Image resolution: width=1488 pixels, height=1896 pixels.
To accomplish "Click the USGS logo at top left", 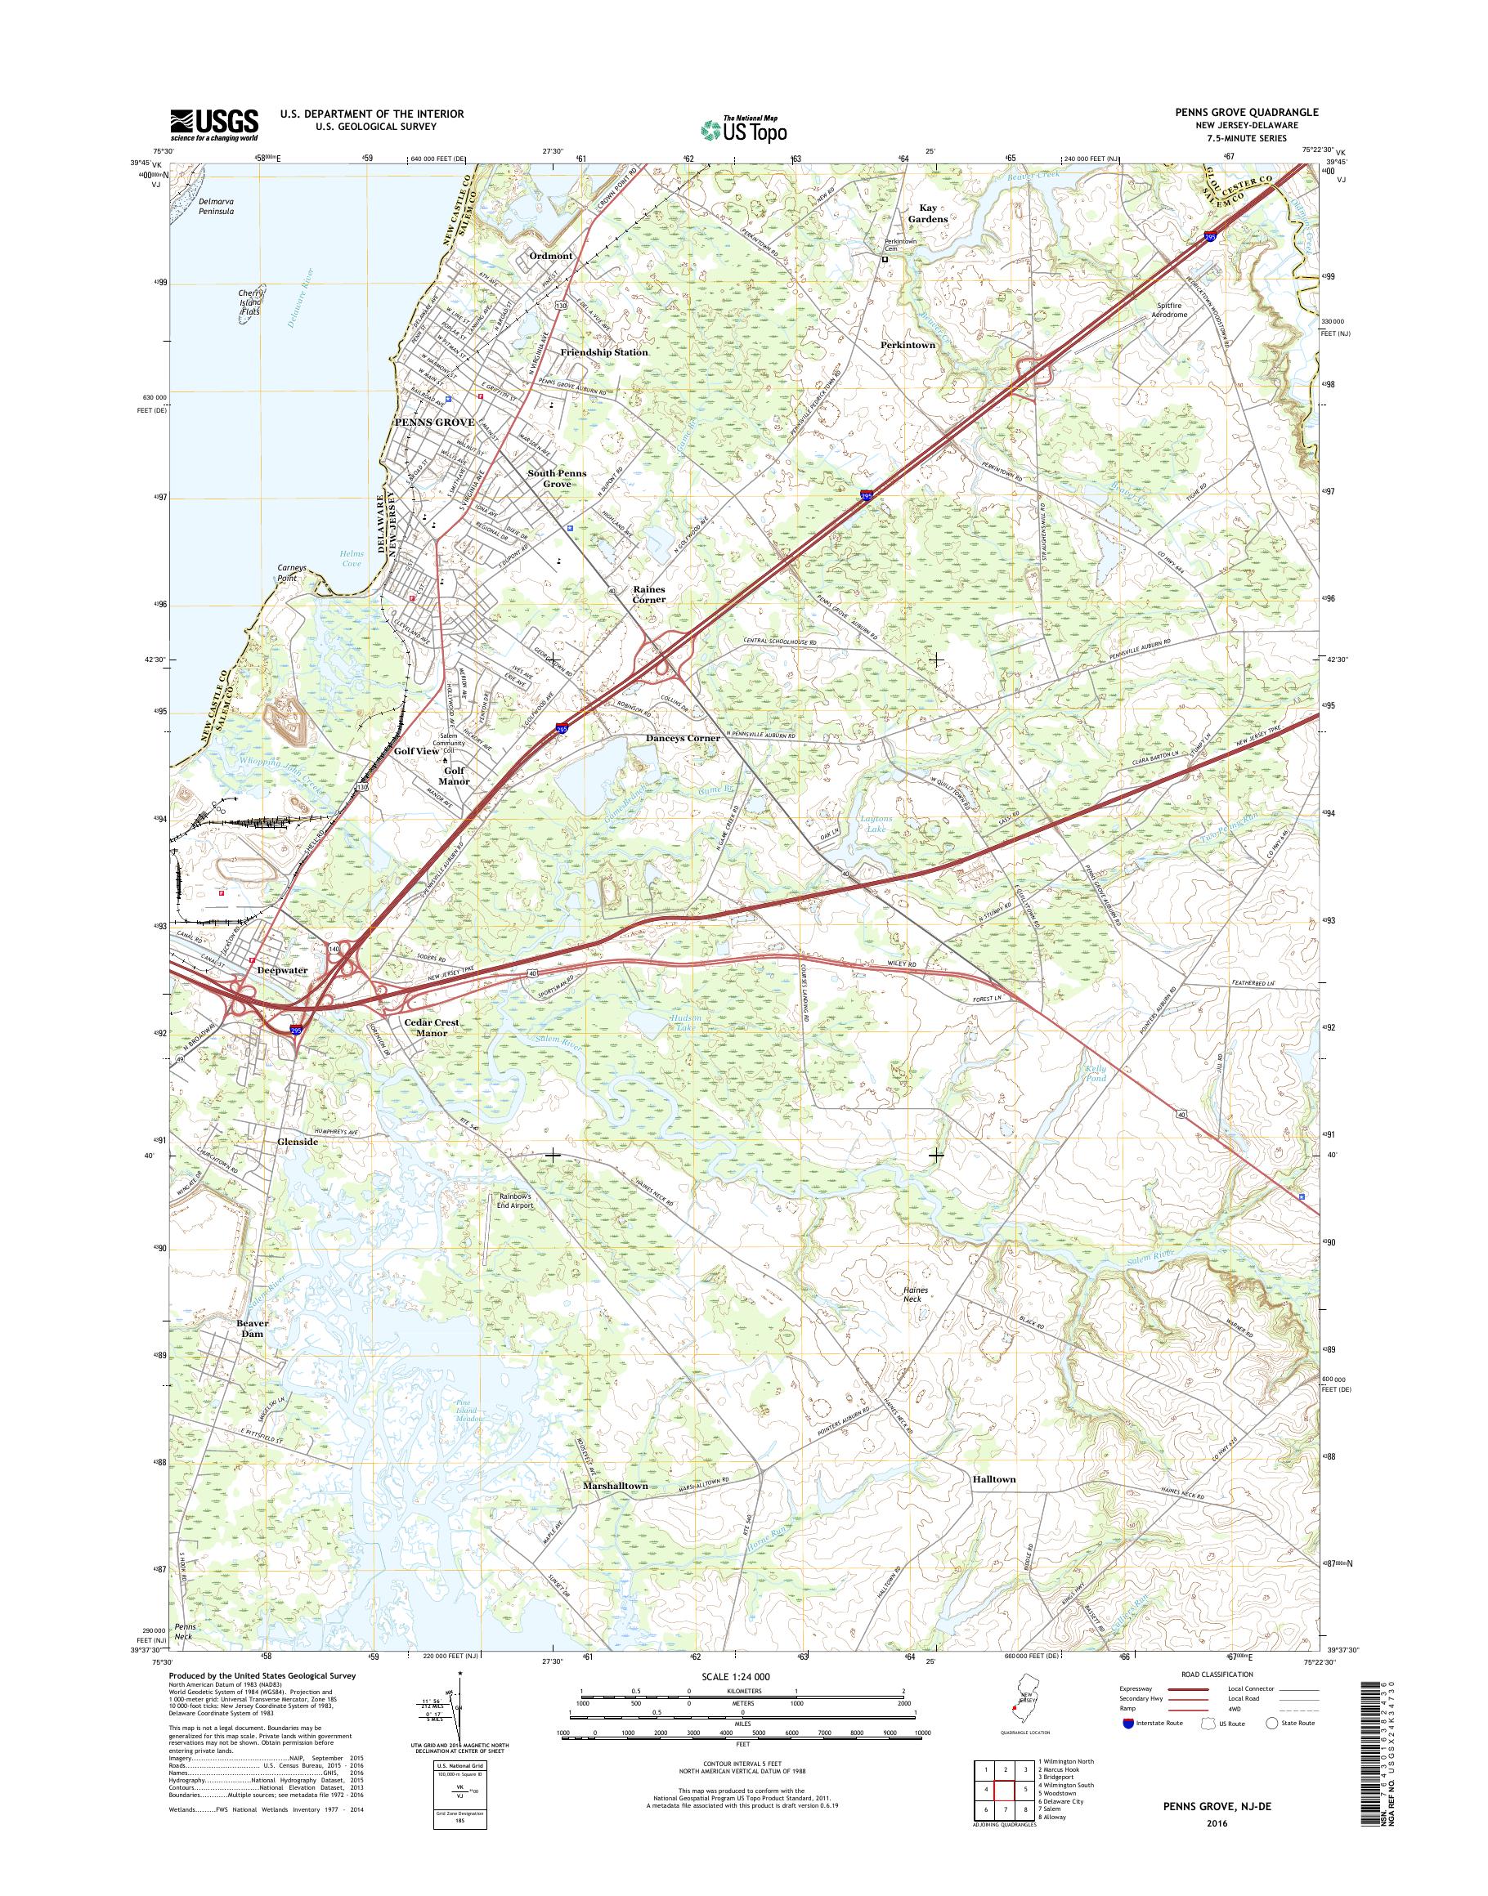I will click(x=214, y=124).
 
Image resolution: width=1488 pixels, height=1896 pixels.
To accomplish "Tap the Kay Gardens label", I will click(x=927, y=213).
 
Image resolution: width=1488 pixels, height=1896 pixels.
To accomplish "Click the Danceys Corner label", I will click(x=683, y=738).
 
